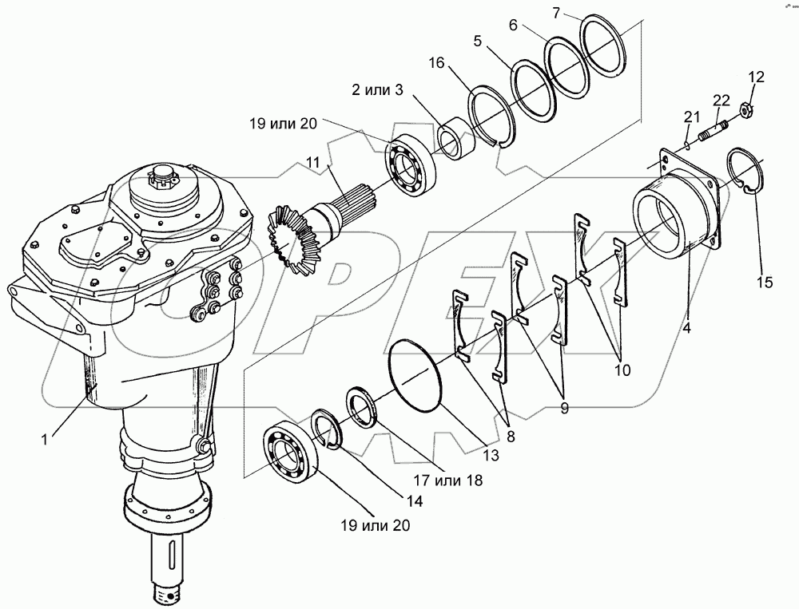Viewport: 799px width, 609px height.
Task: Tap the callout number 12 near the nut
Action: coord(756,77)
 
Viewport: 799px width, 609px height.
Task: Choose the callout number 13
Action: coord(489,455)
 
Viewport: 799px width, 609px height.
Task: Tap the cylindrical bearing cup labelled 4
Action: coord(670,223)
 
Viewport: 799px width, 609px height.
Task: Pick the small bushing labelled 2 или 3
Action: coord(456,139)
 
